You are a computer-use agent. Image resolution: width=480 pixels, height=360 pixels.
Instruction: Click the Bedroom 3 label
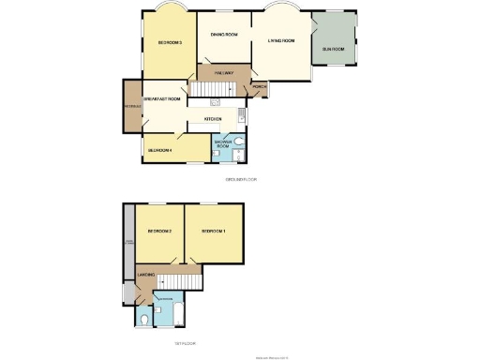click(x=170, y=43)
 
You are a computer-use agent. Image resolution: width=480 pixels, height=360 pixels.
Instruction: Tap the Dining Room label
click(x=224, y=35)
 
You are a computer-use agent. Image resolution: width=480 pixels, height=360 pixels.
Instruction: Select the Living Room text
click(x=281, y=41)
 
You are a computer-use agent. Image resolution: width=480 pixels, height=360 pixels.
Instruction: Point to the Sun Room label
click(x=333, y=48)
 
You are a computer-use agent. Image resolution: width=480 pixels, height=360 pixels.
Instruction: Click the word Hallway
click(x=223, y=72)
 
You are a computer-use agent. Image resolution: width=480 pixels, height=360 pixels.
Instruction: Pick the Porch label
click(x=259, y=91)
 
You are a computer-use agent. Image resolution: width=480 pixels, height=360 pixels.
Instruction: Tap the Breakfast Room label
click(x=161, y=98)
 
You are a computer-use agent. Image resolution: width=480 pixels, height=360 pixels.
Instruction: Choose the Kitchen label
click(x=212, y=119)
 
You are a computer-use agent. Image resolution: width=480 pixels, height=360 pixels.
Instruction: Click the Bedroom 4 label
click(x=159, y=149)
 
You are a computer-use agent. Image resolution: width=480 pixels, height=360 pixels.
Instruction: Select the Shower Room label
click(x=223, y=145)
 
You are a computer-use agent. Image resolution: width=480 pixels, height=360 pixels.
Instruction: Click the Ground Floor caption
click(x=240, y=178)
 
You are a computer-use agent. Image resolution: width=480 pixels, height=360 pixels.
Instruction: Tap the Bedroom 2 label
click(x=159, y=232)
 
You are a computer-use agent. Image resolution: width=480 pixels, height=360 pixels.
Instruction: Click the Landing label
click(x=145, y=275)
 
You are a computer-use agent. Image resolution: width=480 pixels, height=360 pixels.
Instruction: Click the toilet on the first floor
click(x=142, y=321)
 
